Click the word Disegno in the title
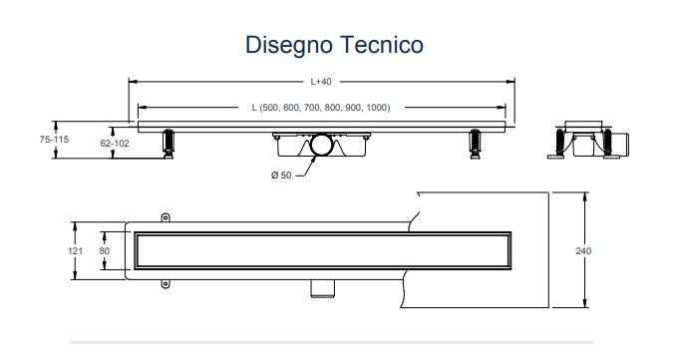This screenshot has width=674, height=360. click(x=289, y=46)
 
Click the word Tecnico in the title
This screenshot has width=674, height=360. click(x=382, y=45)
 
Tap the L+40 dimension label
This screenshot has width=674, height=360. click(x=321, y=82)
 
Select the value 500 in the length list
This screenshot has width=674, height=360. click(x=271, y=108)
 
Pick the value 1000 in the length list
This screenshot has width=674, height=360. click(x=377, y=108)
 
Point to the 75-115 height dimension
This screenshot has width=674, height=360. click(x=54, y=140)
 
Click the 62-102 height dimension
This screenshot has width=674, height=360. click(x=115, y=144)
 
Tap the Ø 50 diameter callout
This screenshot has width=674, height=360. click(x=281, y=176)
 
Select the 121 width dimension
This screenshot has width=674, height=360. click(x=75, y=250)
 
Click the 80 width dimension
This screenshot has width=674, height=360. click(x=105, y=250)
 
